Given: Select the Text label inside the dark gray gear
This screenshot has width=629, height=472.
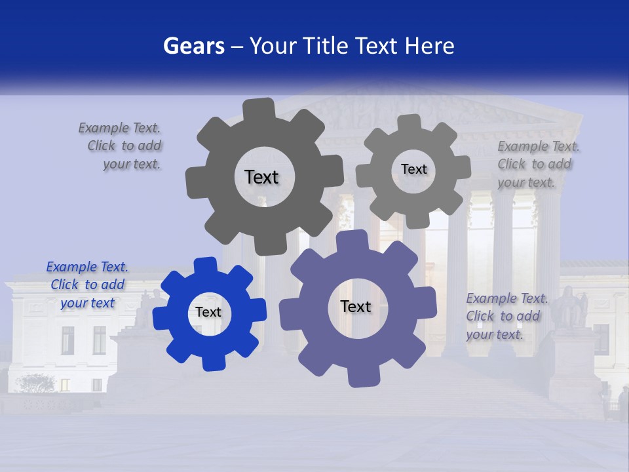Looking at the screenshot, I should tap(262, 177).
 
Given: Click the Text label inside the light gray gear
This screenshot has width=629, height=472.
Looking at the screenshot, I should tap(413, 169).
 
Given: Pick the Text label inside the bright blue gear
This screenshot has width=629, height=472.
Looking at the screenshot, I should tap(208, 313).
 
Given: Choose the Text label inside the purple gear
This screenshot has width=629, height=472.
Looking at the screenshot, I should tap(356, 307).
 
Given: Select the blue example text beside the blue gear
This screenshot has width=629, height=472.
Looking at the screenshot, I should tap(87, 285).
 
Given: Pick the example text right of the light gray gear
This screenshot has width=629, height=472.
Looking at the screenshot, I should tap(536, 165).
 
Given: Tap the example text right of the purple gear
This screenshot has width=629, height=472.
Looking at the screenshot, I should tap(506, 317).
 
